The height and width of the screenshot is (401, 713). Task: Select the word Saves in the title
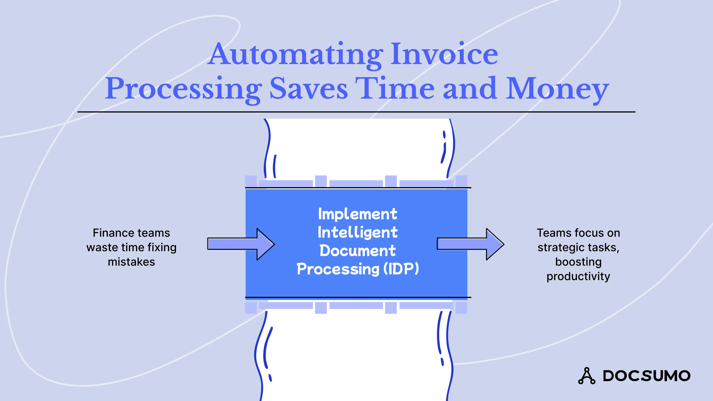[x=309, y=89]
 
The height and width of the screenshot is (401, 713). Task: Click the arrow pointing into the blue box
[x=241, y=244]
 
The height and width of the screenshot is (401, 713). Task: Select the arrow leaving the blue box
[x=470, y=244]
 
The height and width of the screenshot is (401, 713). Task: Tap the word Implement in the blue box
[x=358, y=214]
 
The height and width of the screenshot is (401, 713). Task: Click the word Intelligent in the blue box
[x=358, y=233]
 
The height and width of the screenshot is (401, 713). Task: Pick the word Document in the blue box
[x=358, y=251]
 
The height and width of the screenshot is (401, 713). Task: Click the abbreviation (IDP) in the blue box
[x=401, y=269]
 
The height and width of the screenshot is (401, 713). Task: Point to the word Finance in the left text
[x=110, y=233]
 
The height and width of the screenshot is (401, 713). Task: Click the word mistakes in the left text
[x=131, y=262]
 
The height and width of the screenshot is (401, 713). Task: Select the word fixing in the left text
[x=162, y=248]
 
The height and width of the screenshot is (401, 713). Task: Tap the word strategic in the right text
[x=560, y=248]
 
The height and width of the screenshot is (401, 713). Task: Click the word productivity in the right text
[x=578, y=277]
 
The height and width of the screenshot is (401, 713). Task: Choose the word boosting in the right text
[x=578, y=262]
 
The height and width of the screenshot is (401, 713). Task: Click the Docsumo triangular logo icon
[x=587, y=376]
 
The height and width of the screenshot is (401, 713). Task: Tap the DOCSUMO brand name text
[x=646, y=376]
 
